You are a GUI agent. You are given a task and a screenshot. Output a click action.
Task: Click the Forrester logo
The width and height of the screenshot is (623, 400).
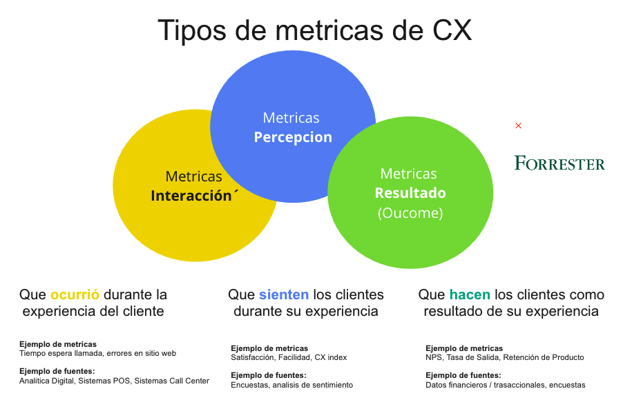[x=559, y=163]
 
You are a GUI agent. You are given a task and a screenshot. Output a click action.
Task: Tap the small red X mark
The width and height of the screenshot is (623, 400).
[x=518, y=126]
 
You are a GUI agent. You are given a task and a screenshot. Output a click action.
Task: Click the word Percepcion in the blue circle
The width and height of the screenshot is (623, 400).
[x=293, y=137]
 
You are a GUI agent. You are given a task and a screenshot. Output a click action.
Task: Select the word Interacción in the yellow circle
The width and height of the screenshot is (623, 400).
[x=191, y=196]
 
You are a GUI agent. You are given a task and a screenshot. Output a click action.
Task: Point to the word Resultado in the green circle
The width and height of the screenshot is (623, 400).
[x=410, y=193]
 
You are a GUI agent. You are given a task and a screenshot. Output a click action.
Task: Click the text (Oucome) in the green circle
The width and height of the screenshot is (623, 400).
[x=410, y=213]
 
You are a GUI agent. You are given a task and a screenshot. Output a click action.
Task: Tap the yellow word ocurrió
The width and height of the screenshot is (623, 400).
[x=75, y=294]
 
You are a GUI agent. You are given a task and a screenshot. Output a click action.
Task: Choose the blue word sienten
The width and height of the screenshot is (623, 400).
[x=284, y=294]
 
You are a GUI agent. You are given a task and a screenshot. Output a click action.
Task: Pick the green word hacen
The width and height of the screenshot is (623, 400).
[x=470, y=294]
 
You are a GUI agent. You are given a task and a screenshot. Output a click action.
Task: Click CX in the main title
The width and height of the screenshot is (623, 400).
[x=452, y=30]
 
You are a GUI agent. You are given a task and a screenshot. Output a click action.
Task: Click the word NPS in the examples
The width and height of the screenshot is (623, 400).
[x=434, y=357]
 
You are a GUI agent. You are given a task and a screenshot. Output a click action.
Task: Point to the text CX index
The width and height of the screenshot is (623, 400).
[x=331, y=357]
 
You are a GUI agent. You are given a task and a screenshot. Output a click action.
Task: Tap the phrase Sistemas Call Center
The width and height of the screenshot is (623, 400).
[x=172, y=381]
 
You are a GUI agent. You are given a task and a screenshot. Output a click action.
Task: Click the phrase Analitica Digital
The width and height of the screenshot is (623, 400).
[x=46, y=381]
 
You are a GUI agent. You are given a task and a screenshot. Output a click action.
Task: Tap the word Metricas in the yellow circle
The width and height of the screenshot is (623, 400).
[x=193, y=176]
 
